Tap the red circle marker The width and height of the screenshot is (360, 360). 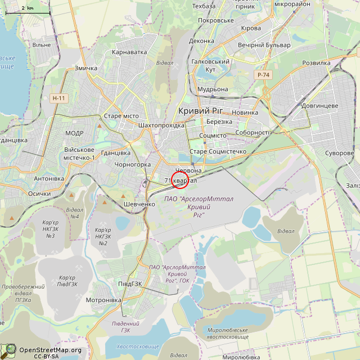(x=179, y=179)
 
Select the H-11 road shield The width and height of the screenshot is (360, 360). (x=58, y=98)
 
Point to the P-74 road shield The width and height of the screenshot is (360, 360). (x=263, y=75)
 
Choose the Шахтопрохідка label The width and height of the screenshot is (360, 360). (x=161, y=125)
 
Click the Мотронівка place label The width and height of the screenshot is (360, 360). (x=103, y=300)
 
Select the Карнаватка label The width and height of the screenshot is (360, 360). (x=129, y=52)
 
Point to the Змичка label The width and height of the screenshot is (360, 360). (x=86, y=69)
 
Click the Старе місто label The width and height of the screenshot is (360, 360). (x=121, y=116)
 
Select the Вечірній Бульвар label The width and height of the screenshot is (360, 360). (x=264, y=45)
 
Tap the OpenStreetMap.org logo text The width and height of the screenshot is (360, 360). (x=50, y=350)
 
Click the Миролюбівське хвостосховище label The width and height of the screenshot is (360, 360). (x=227, y=333)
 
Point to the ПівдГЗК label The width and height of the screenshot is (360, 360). (x=129, y=283)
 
